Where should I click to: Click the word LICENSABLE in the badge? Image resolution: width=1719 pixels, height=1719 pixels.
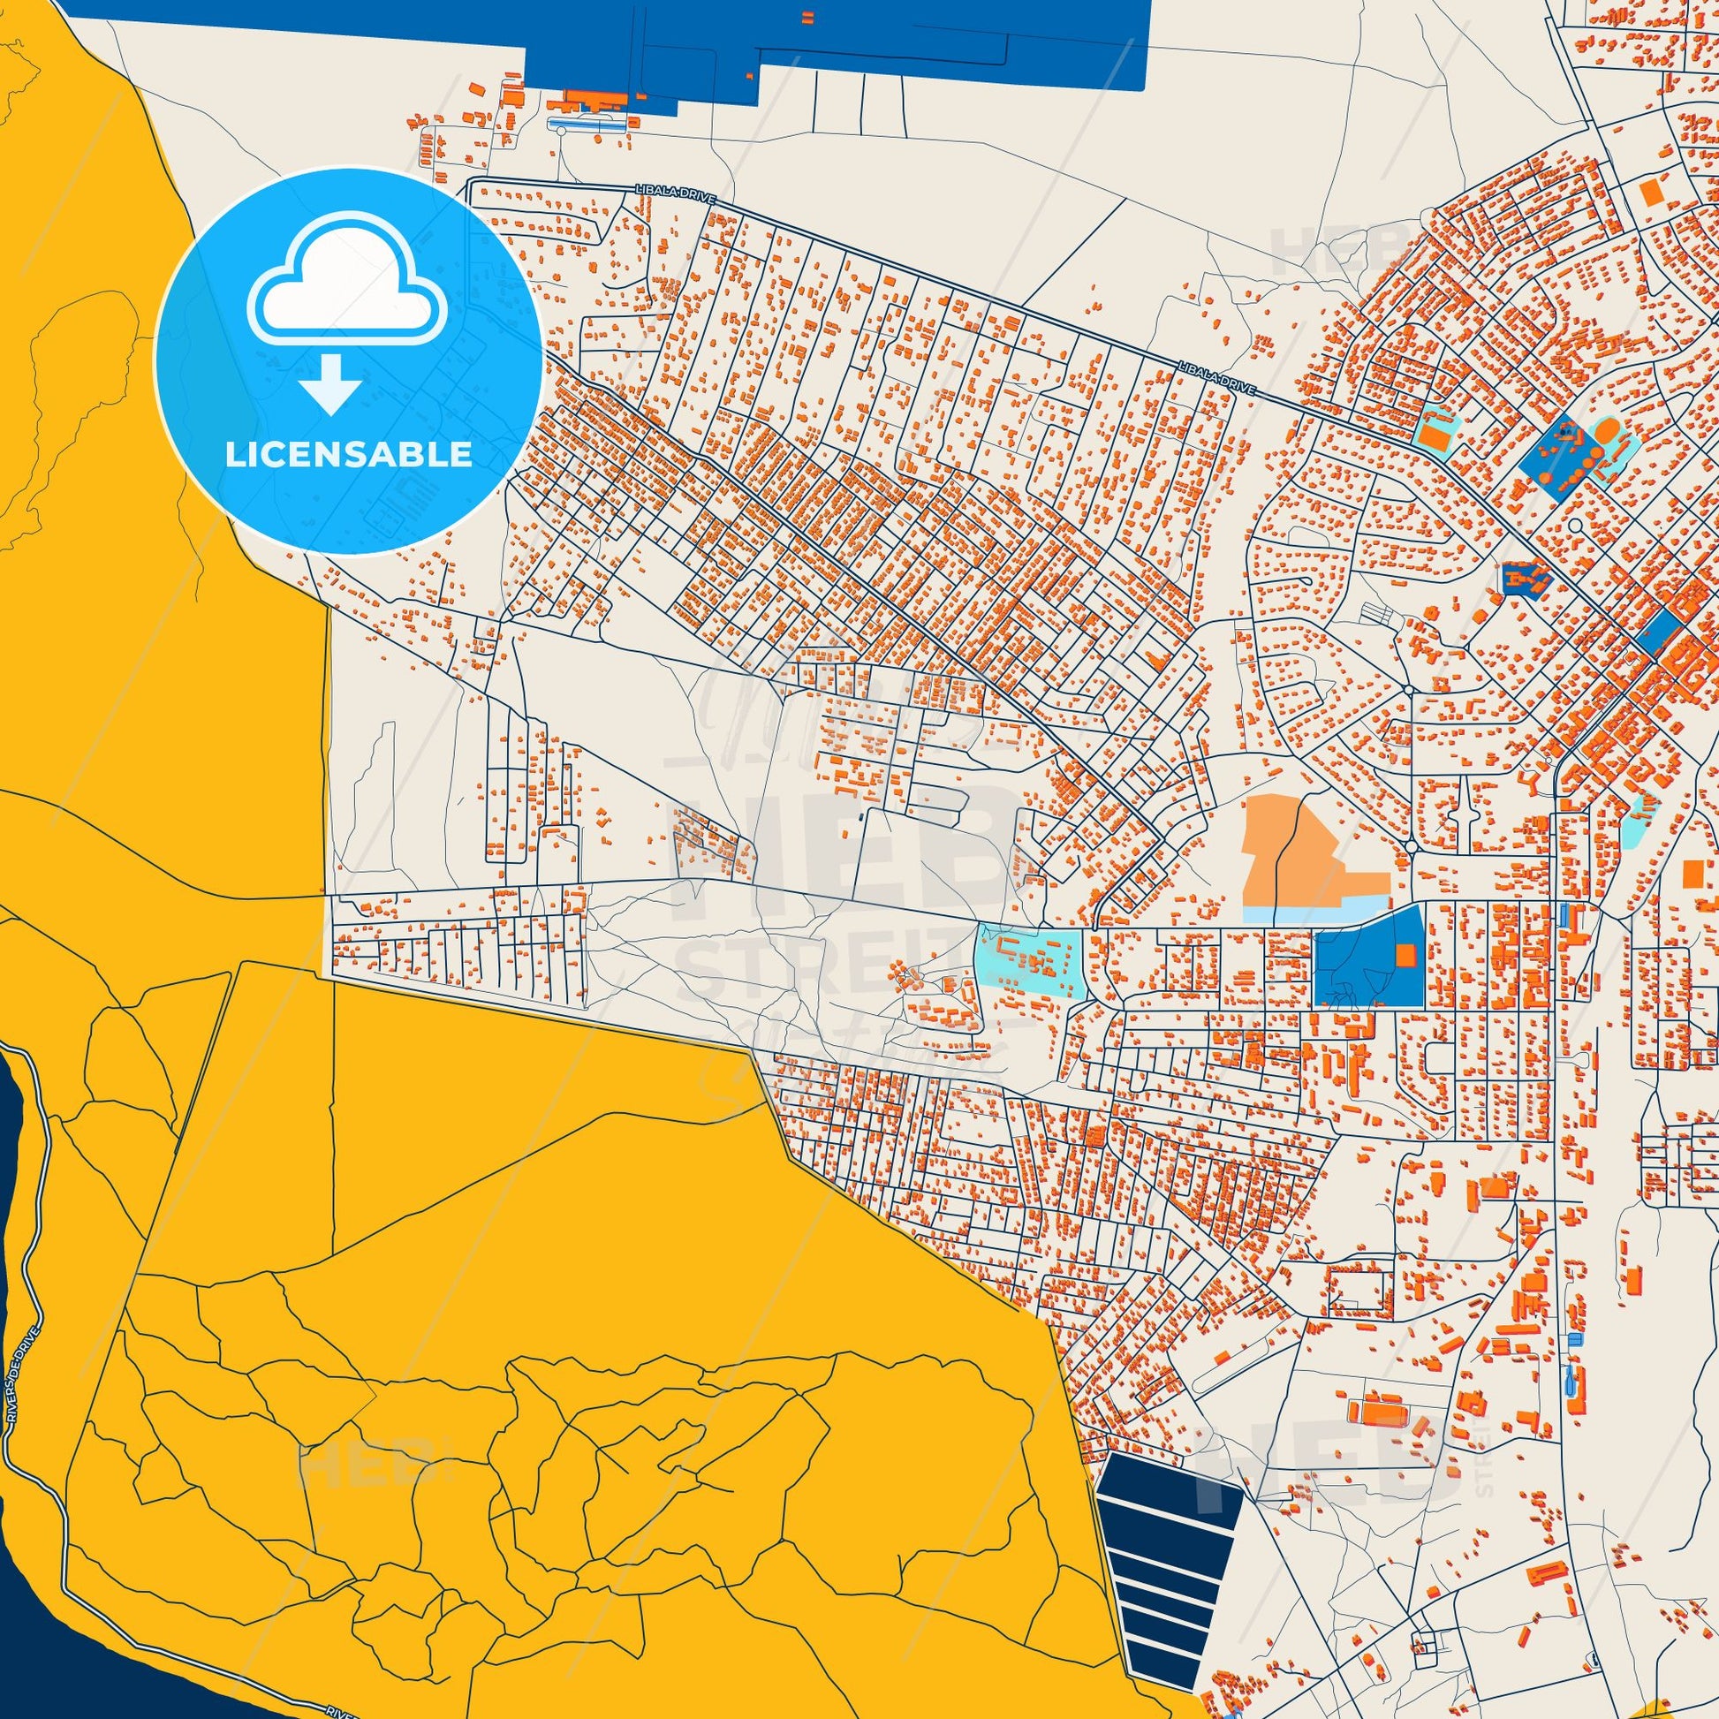(x=348, y=455)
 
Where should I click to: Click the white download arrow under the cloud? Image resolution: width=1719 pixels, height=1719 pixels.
(x=330, y=383)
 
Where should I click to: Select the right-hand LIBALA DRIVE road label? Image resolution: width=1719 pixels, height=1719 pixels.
(x=1215, y=377)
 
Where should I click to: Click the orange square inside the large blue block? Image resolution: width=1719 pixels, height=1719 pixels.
(x=1405, y=955)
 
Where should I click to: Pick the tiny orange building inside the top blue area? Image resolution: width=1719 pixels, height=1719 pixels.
(x=808, y=17)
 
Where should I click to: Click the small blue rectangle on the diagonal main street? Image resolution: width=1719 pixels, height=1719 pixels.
(x=1655, y=630)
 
